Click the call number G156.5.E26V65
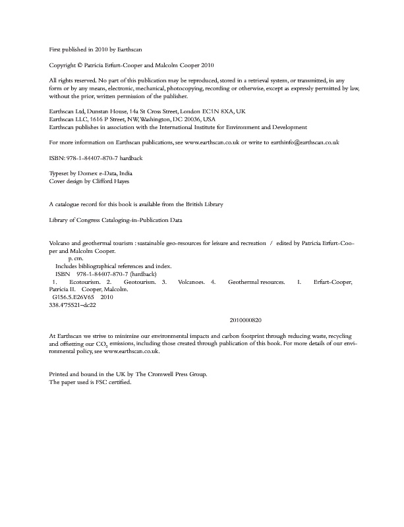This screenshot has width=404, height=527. coord(75,296)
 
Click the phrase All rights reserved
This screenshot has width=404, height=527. coord(72,79)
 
